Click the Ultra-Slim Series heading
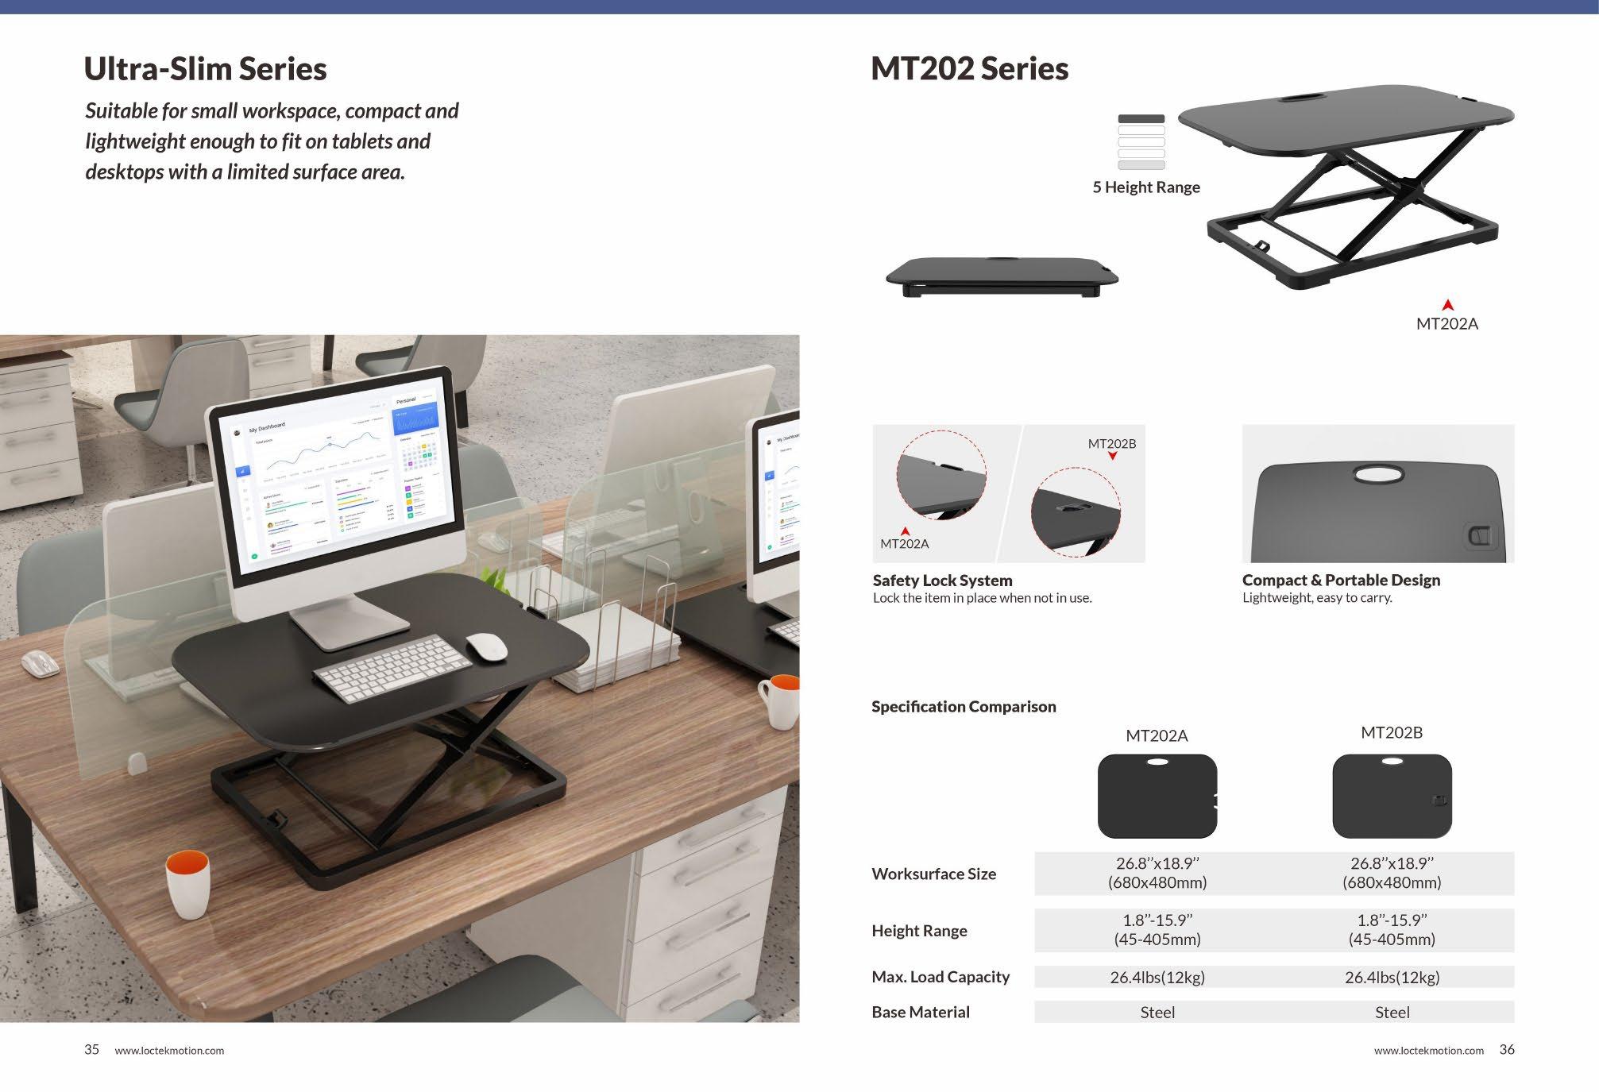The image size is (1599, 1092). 205,69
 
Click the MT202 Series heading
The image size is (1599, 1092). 969,69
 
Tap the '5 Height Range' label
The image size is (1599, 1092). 1145,187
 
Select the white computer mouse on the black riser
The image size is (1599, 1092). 486,646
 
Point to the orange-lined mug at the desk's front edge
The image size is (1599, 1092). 188,884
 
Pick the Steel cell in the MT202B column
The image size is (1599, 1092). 1392,1012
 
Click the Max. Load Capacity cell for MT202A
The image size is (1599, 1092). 1157,977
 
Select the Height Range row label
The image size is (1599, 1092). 919,931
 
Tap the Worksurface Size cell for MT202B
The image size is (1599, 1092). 1392,872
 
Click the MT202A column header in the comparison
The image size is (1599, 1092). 1157,736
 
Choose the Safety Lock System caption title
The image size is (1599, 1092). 942,581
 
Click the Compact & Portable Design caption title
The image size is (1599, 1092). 1341,581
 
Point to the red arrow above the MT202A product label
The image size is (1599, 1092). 1447,305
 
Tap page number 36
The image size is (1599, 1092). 1506,1049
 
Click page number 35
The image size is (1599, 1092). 92,1049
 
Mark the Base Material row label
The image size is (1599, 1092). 921,1012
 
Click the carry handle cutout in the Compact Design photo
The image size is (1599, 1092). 1379,475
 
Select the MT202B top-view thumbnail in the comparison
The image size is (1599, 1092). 1392,797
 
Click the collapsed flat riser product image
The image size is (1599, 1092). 1002,276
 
